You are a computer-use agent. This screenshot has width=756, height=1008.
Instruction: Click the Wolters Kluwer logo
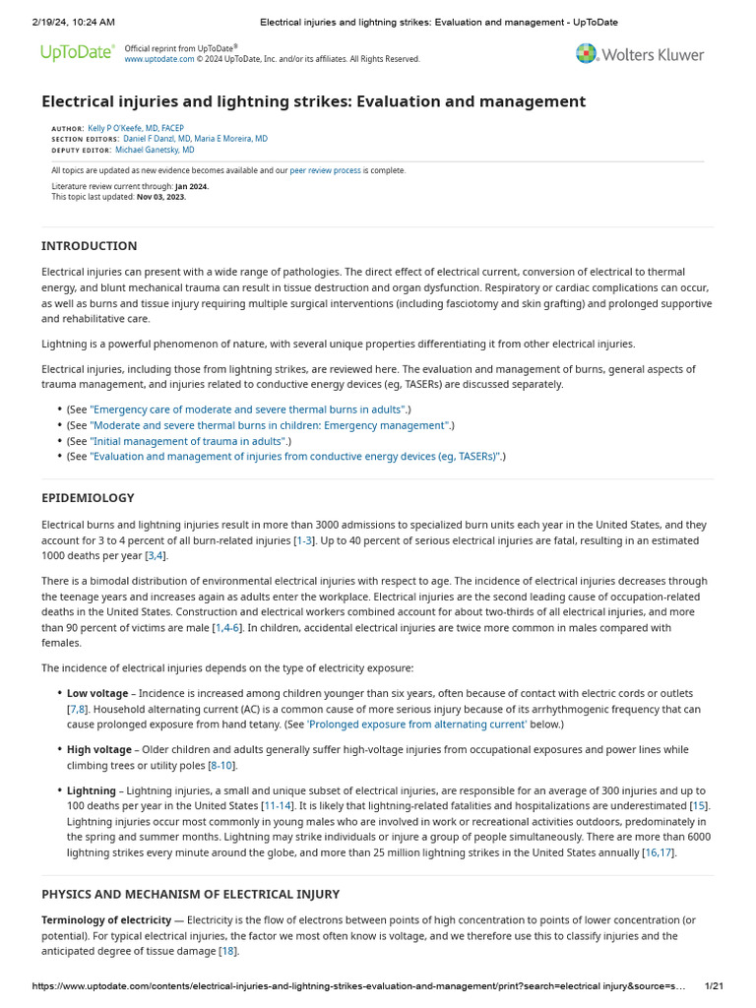[x=640, y=54]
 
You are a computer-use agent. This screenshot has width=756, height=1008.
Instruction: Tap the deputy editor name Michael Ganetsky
[x=155, y=151]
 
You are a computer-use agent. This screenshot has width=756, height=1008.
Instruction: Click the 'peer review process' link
[x=325, y=170]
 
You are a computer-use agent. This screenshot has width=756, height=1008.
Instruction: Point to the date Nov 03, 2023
[x=160, y=197]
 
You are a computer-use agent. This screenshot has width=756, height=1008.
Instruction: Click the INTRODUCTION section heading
[x=89, y=246]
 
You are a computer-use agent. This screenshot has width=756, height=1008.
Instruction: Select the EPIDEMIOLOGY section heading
[x=88, y=498]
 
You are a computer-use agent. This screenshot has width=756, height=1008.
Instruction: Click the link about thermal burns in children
[x=270, y=425]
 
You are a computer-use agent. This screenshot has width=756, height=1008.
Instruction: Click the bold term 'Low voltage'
[x=97, y=694]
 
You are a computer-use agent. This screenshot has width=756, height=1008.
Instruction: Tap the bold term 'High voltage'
[x=98, y=750]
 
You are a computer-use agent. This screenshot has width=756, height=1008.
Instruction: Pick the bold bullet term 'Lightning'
[x=92, y=790]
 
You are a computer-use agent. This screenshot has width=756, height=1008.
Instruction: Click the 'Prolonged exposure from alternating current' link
[x=417, y=724]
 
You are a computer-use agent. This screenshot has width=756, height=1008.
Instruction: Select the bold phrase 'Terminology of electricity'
[x=106, y=920]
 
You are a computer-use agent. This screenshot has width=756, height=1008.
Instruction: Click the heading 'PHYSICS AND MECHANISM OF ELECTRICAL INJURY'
[x=190, y=894]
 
